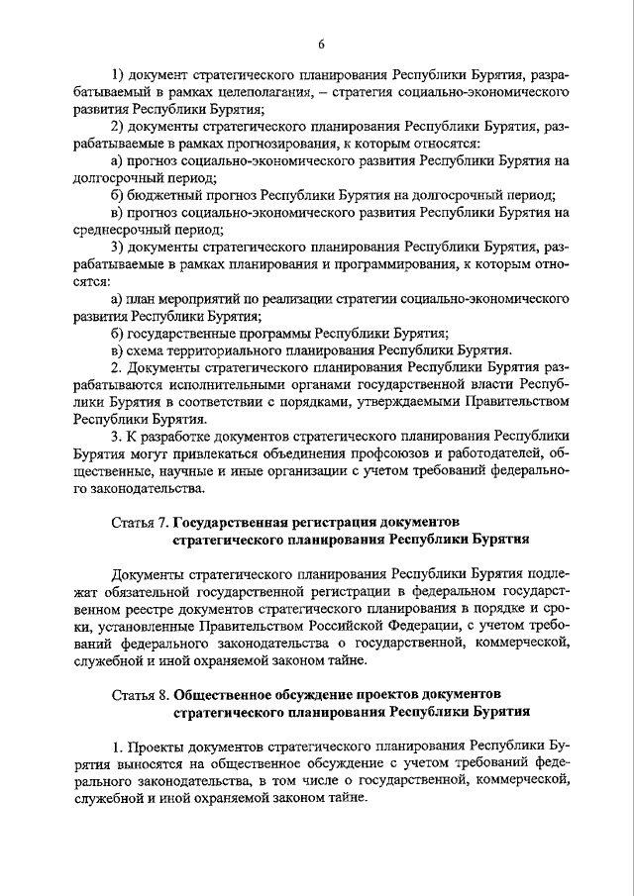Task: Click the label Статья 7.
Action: point(139,521)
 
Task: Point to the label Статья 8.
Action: point(139,694)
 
